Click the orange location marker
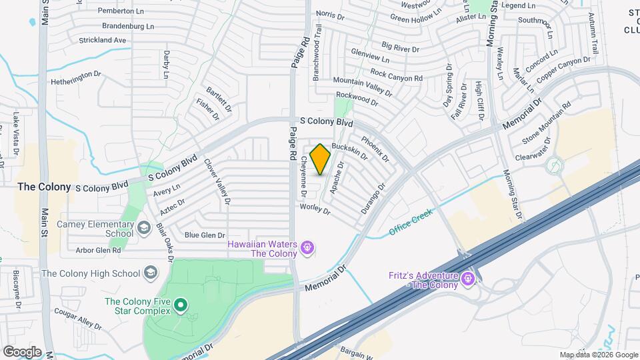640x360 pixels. pos(321,159)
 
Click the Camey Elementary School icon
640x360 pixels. pos(143,229)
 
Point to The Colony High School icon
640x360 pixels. pos(151,273)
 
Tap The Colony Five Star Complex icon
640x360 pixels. pos(180,306)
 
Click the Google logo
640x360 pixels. pos(22,352)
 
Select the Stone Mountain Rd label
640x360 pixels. pos(547,123)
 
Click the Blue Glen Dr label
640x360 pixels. pos(205,235)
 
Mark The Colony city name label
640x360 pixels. pos(44,187)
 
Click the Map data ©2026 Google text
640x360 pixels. pos(598,355)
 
